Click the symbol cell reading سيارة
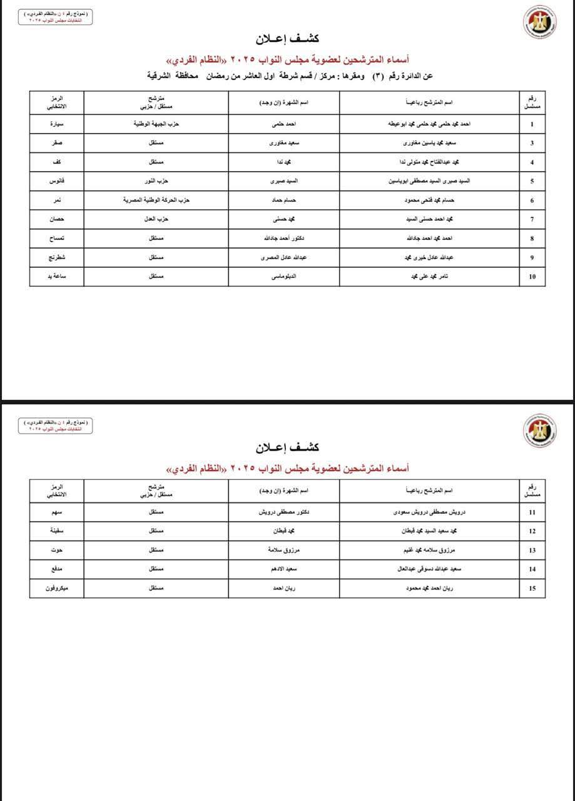57,124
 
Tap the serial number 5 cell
532,181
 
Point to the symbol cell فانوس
57,181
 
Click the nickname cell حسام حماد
284,200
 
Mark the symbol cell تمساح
57,238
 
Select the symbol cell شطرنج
57,257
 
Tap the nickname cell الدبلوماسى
284,277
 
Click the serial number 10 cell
532,277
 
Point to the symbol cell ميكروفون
57,588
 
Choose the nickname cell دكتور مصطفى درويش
284,512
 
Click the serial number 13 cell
532,550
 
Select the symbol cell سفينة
57,531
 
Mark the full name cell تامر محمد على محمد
431,277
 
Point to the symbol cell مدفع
57,569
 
